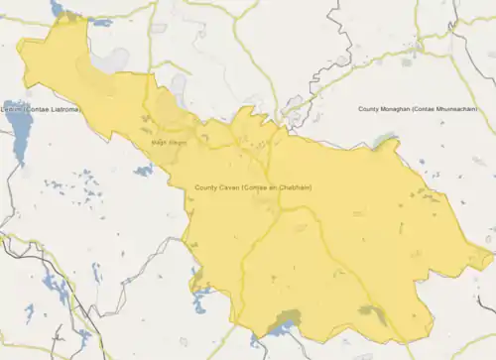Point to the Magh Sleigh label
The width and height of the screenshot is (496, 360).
[x=169, y=143]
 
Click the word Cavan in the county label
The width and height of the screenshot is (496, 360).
[x=228, y=187]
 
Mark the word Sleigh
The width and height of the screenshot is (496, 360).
[x=177, y=143]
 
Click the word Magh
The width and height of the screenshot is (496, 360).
[x=158, y=143]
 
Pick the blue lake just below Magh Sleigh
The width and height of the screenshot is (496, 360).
[x=145, y=171]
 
